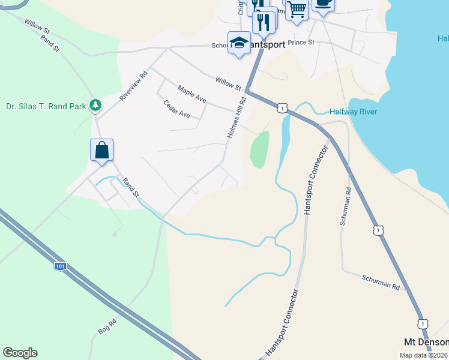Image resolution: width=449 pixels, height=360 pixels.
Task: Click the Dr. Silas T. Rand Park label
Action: (46, 106)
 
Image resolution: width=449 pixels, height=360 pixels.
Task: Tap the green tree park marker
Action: (95, 106)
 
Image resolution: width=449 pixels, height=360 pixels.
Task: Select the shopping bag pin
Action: (102, 150)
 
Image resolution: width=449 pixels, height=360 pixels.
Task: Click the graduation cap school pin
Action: (239, 43)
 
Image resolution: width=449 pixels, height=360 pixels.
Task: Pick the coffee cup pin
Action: (322, 4)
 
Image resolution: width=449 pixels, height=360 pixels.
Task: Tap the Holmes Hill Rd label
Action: (237, 118)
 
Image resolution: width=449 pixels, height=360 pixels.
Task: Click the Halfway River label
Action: (353, 112)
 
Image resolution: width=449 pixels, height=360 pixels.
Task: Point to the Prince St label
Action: (301, 43)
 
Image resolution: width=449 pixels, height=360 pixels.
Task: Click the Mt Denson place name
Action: (426, 342)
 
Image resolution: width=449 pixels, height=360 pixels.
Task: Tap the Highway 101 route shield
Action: (59, 265)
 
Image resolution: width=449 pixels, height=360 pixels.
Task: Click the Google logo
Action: (20, 353)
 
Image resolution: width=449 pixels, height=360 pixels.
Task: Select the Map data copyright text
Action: (424, 355)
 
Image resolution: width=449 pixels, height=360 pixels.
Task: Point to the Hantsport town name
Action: (267, 44)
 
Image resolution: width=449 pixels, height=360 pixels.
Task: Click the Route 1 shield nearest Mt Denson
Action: (423, 323)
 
